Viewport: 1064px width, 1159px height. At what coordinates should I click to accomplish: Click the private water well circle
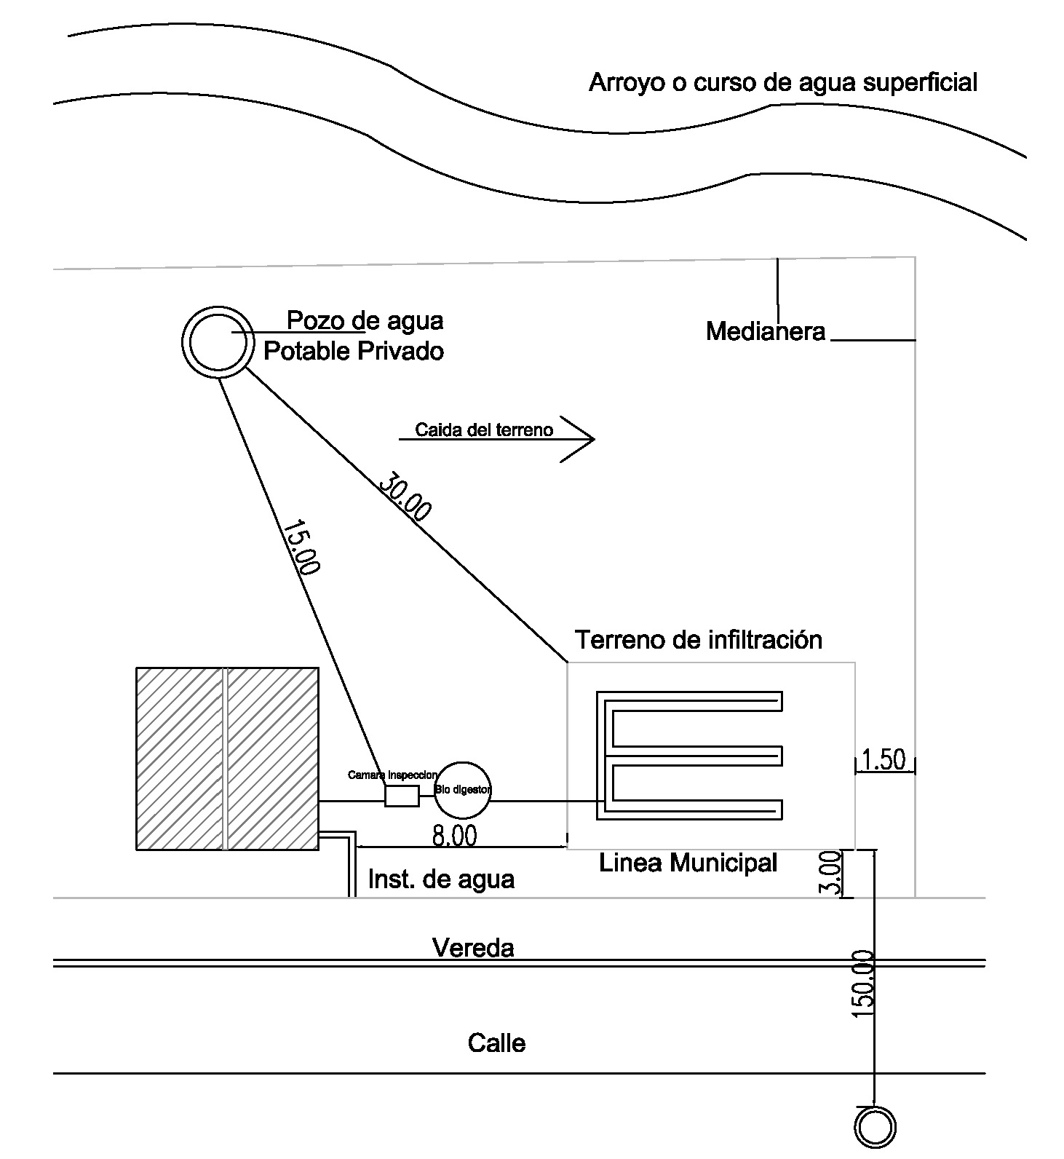[x=216, y=341]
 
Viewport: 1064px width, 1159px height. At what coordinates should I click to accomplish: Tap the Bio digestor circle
[x=463, y=789]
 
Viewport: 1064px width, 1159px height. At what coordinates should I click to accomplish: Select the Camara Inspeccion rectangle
[x=402, y=796]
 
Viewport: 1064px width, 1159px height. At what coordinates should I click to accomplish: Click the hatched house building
[x=227, y=758]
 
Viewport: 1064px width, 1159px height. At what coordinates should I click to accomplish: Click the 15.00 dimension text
[x=301, y=547]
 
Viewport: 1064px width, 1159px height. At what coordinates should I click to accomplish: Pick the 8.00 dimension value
[x=455, y=836]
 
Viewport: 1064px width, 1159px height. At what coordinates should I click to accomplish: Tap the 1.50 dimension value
[x=884, y=759]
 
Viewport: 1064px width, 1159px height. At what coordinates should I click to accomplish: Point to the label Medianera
[x=766, y=332]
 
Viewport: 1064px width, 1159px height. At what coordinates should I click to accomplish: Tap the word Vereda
[x=473, y=948]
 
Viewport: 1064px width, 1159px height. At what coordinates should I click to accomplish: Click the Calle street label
[x=496, y=1043]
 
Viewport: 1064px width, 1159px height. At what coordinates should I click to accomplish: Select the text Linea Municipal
[x=688, y=863]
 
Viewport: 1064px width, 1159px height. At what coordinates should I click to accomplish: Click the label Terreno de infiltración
[x=699, y=640]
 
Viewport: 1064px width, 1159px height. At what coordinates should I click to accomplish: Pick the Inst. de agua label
[x=441, y=879]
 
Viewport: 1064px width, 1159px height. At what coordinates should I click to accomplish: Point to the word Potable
[x=305, y=352]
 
